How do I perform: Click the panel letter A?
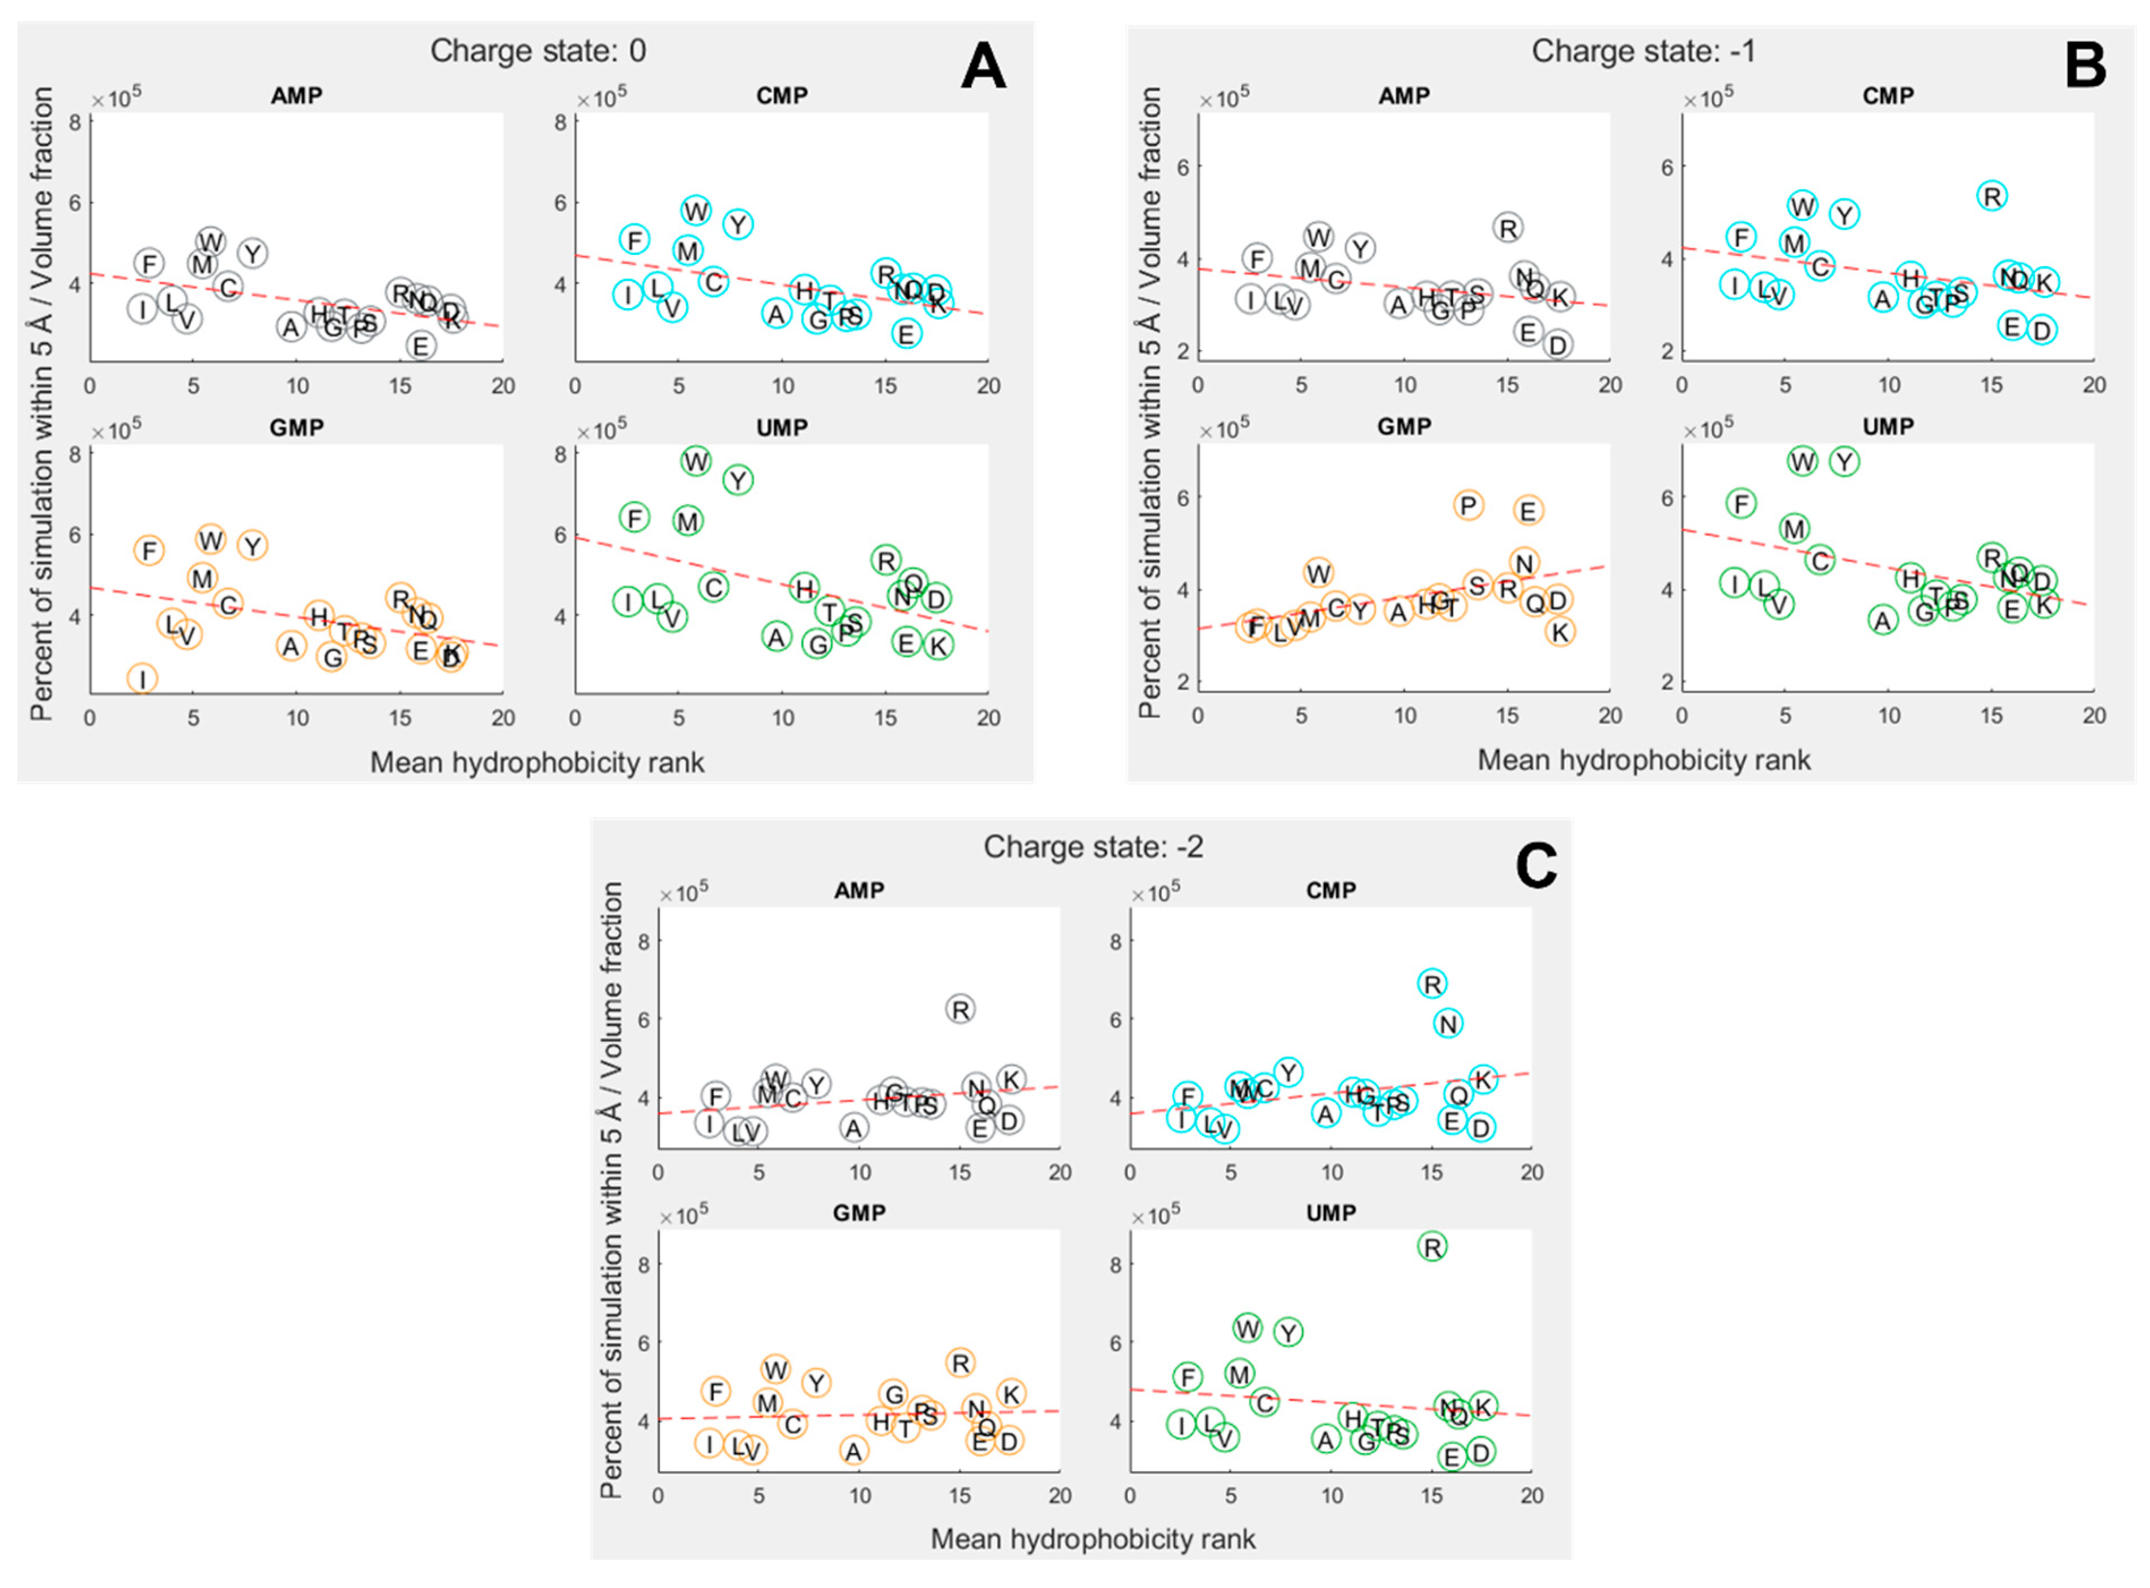pyautogui.click(x=982, y=67)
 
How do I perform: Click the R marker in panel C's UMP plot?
pyautogui.click(x=1432, y=1248)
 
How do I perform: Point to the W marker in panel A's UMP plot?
pyautogui.click(x=697, y=461)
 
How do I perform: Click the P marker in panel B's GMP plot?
pyautogui.click(x=1468, y=505)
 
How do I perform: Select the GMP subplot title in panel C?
pyautogui.click(x=858, y=1213)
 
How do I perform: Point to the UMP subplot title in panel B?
pyautogui.click(x=1888, y=427)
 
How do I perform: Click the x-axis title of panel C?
pyautogui.click(x=1093, y=1539)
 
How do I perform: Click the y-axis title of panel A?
pyautogui.click(x=42, y=404)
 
